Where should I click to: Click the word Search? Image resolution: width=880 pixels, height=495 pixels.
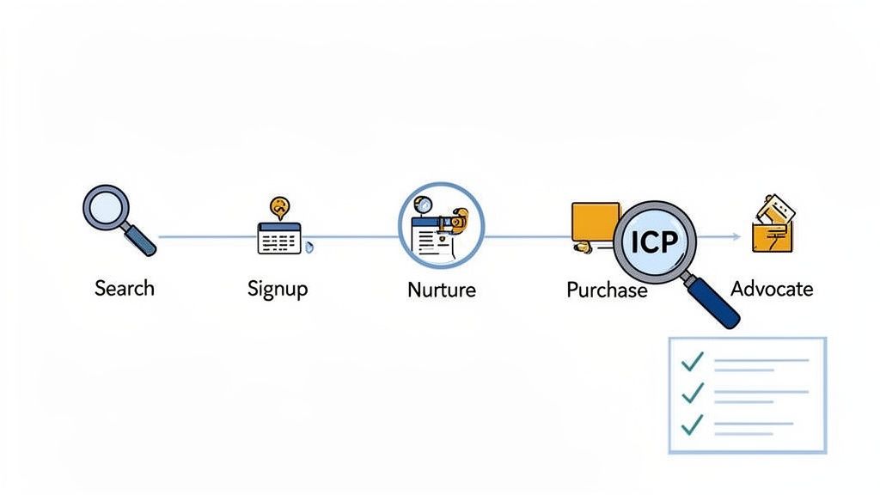pos(124,288)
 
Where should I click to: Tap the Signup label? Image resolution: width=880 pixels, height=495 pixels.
pos(277,289)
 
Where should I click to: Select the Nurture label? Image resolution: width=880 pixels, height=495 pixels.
pos(441,290)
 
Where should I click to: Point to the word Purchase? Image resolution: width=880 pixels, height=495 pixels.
pos(606,290)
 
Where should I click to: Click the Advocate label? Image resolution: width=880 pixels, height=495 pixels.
pos(771,288)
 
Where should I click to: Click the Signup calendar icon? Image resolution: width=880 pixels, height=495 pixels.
pos(279,237)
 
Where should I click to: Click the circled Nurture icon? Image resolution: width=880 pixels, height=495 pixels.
pos(441,225)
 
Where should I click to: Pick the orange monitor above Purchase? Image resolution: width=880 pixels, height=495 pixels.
pos(594,222)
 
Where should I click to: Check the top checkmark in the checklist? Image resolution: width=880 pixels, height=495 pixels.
pos(693,362)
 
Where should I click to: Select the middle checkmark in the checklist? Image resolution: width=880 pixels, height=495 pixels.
pos(693,394)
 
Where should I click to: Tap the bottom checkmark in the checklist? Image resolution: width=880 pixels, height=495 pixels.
pos(693,425)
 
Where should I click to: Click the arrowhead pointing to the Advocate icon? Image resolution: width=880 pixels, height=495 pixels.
pos(736,235)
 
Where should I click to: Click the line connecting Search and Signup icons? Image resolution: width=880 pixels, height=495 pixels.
pos(206,236)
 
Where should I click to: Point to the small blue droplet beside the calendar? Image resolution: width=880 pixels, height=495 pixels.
pos(309,247)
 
